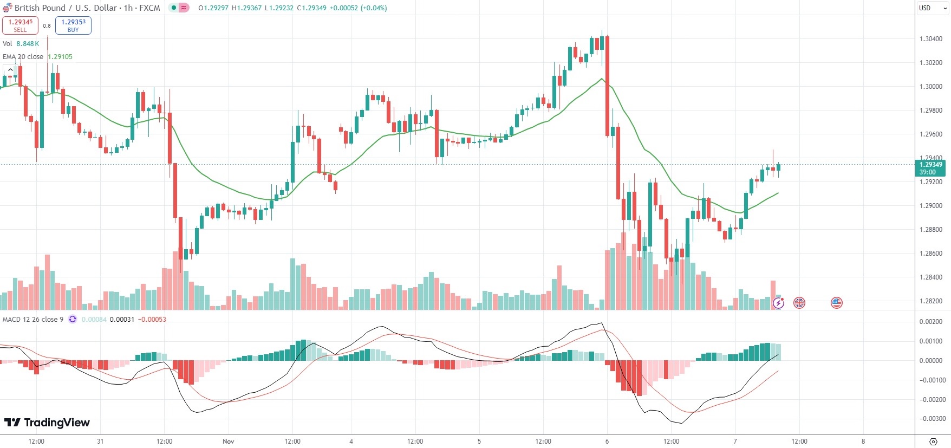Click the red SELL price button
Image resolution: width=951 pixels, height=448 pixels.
tap(20, 25)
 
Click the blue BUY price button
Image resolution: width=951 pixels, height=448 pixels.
tap(73, 25)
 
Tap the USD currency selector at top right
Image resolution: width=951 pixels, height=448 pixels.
tap(933, 8)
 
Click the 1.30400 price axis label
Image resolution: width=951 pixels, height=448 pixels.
tap(931, 39)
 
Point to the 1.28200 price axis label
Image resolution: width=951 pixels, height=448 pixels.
tap(931, 301)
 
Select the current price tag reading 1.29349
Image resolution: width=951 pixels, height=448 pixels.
tap(931, 165)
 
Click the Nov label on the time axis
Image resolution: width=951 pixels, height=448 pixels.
tap(229, 441)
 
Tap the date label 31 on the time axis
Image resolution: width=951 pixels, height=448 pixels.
tap(100, 441)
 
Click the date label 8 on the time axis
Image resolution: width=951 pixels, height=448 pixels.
tap(863, 441)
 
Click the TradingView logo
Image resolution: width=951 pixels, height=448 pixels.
tap(47, 423)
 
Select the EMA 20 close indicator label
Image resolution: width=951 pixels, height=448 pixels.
tap(23, 57)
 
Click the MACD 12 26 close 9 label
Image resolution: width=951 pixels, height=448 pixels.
tap(32, 320)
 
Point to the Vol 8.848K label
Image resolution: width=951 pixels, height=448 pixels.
tap(21, 44)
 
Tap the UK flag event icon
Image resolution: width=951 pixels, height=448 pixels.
tap(799, 303)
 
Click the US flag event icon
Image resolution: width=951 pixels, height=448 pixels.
tap(837, 303)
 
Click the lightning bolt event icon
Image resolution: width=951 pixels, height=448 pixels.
tap(778, 303)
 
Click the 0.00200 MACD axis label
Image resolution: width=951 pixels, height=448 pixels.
tap(931, 322)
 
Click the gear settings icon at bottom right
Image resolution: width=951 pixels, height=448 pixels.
tap(933, 441)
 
